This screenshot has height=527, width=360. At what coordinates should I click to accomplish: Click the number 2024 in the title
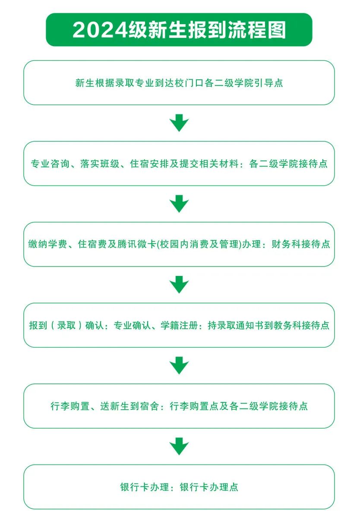(x=100, y=30)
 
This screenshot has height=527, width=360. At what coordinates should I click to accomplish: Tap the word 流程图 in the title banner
(x=257, y=30)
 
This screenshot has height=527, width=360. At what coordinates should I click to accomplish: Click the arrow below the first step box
(x=179, y=123)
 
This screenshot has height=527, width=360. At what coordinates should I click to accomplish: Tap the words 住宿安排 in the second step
(x=150, y=163)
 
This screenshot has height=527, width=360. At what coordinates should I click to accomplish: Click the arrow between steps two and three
(x=179, y=204)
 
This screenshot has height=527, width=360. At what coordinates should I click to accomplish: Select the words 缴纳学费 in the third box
(x=47, y=244)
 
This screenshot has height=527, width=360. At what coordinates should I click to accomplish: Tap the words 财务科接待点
(x=301, y=244)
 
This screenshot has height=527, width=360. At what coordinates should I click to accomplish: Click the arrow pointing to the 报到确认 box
(x=179, y=285)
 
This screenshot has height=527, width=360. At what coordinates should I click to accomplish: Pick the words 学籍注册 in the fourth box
(x=180, y=325)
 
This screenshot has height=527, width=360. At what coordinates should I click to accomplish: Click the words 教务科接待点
(x=301, y=325)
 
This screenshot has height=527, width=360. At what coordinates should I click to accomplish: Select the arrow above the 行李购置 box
(x=179, y=365)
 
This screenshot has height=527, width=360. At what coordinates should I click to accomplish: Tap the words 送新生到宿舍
(x=129, y=406)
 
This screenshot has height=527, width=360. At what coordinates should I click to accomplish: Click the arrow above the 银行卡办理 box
(x=179, y=446)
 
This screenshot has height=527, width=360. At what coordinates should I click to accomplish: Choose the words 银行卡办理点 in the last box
(x=209, y=487)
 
